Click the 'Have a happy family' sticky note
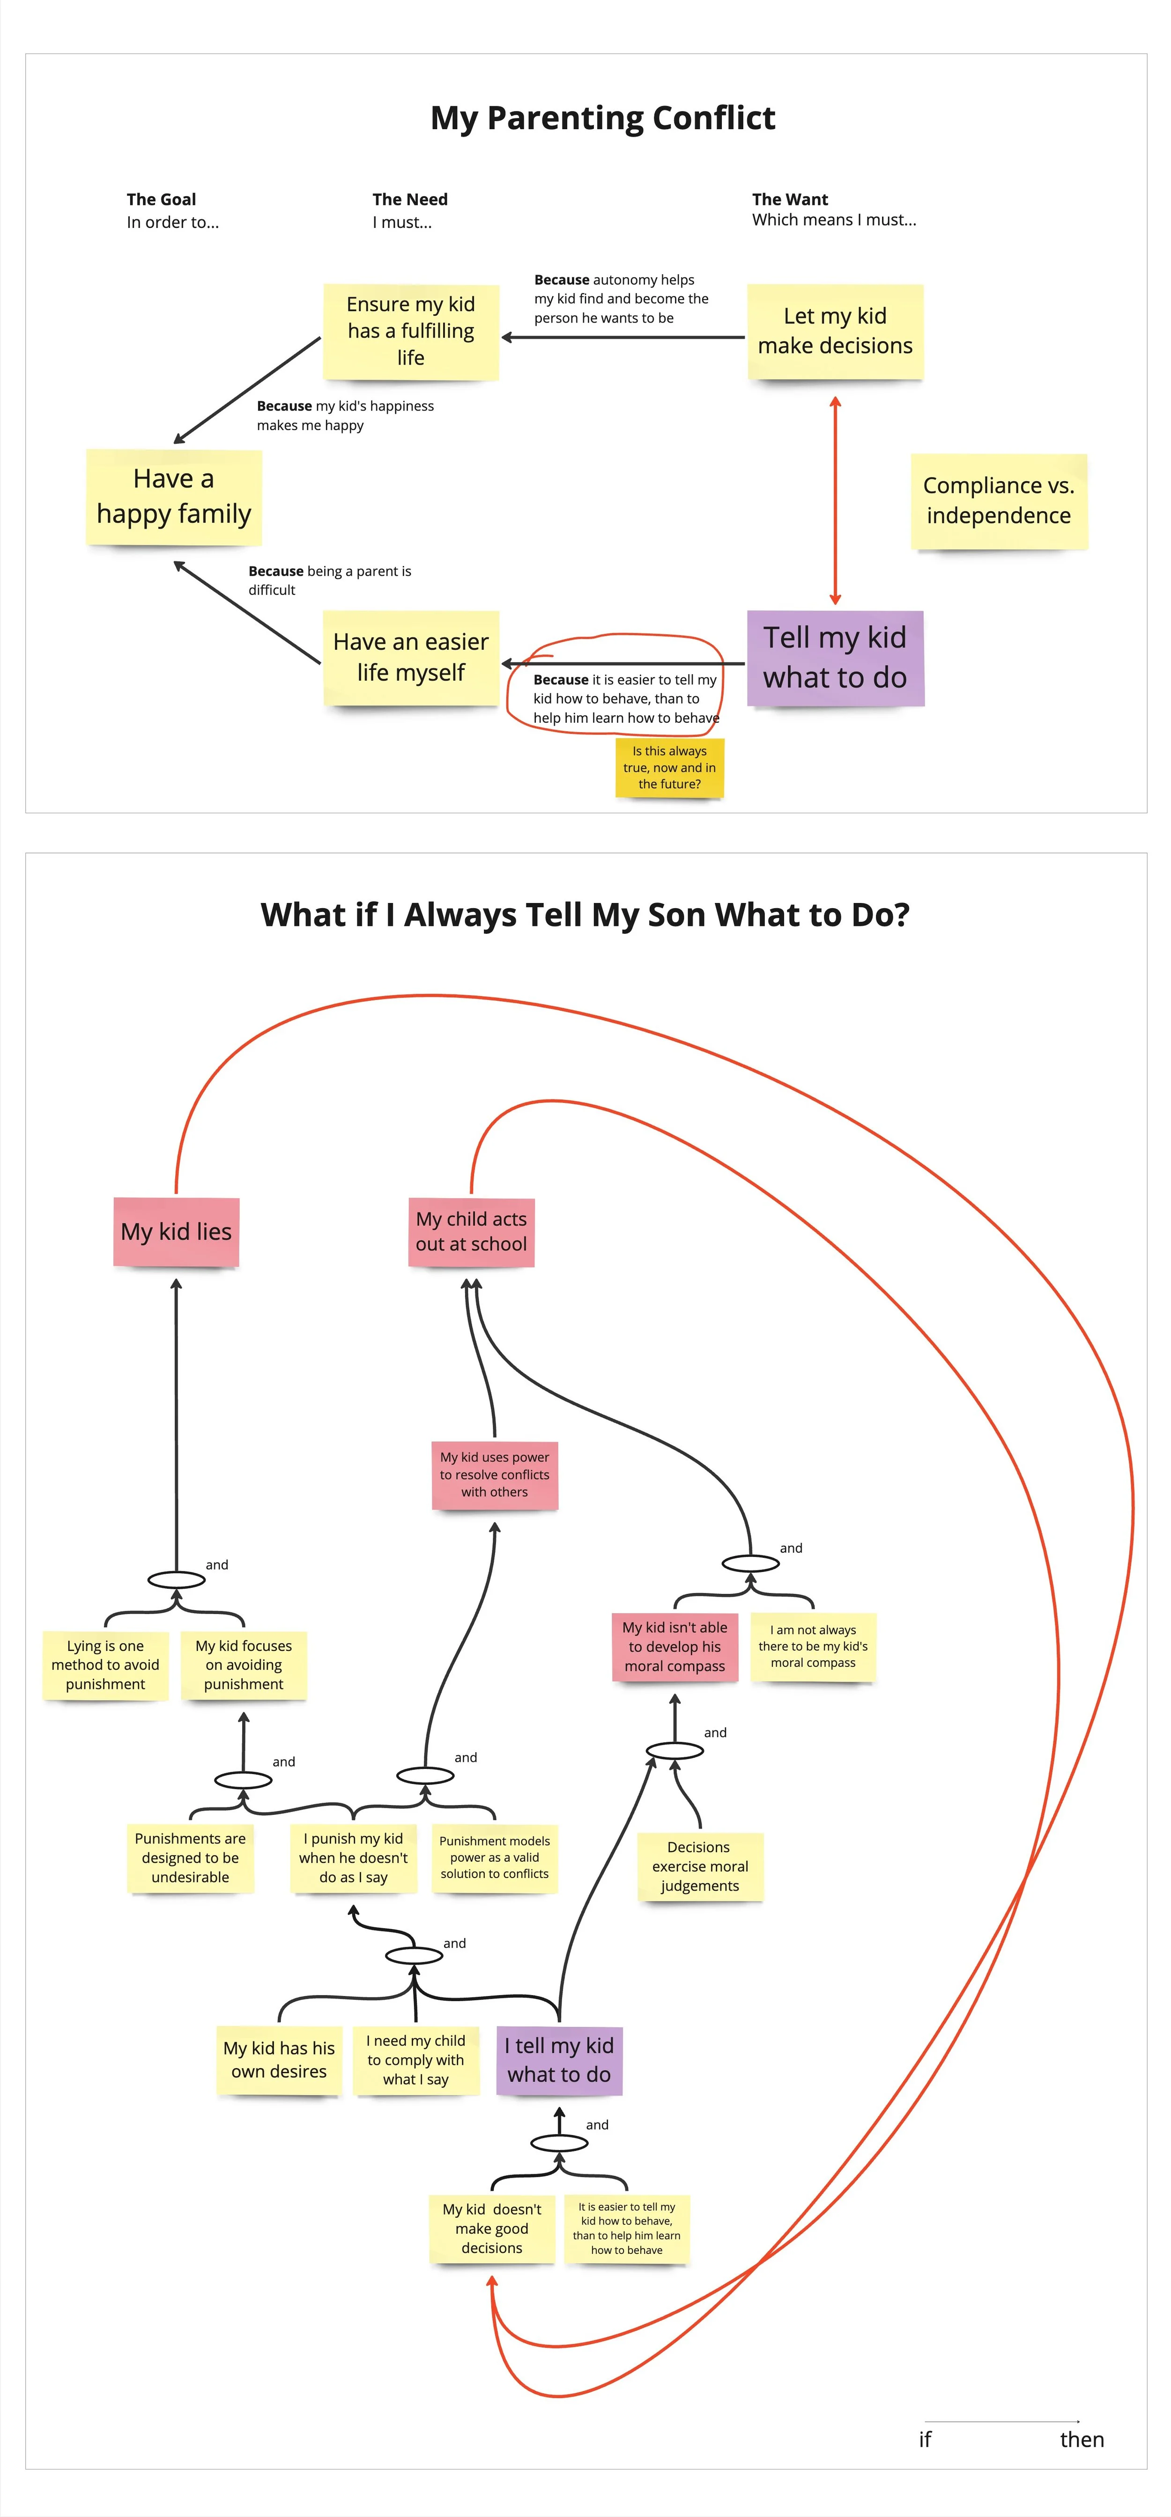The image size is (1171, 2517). pos(174,496)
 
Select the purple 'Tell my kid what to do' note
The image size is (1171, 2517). pos(835,658)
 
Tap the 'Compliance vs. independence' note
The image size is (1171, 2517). pos(998,500)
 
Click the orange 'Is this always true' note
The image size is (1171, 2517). pos(669,767)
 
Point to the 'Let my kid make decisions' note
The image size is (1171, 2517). pos(835,331)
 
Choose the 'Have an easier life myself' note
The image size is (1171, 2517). pos(410,658)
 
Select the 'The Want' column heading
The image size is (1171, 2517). pos(790,199)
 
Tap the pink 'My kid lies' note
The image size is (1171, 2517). pos(176,1231)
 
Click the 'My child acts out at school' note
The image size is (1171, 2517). pos(471,1231)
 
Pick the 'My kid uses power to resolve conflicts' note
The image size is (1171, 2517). pos(495,1475)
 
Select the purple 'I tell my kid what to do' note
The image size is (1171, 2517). pos(559,2060)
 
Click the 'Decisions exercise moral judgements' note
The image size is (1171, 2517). pos(700,1866)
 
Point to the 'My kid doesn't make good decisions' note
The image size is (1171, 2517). pos(492,2229)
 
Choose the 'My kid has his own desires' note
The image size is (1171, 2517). pos(279,2060)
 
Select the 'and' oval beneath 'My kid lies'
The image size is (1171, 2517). pos(176,1580)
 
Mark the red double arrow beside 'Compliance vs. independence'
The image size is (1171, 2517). pos(835,500)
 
